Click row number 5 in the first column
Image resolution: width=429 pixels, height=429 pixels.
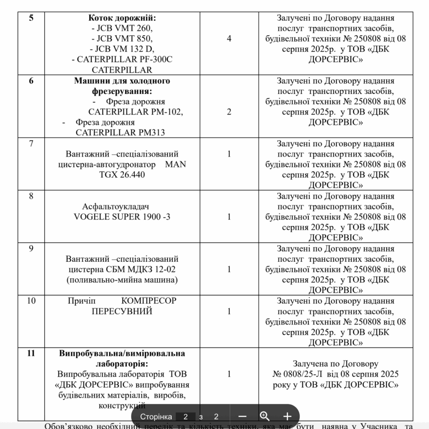click(31, 18)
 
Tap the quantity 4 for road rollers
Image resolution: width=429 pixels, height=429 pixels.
click(229, 39)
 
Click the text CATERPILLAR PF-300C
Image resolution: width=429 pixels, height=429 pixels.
click(124, 59)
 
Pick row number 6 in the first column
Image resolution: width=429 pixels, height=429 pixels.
click(31, 81)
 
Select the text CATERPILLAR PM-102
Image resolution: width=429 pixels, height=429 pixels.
click(136, 112)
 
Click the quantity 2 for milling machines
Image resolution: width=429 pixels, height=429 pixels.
click(229, 112)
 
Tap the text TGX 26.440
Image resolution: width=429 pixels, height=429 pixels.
click(122, 174)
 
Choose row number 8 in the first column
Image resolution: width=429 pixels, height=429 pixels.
click(31, 196)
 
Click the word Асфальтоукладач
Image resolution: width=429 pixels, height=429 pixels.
click(116, 206)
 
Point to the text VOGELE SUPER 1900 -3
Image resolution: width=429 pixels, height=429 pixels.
click(122, 217)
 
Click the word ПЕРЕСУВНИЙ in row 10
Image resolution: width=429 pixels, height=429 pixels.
click(122, 311)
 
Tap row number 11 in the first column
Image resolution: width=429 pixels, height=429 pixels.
click(31, 353)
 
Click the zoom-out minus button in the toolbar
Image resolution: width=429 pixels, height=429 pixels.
click(242, 416)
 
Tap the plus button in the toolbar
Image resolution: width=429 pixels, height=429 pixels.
click(287, 416)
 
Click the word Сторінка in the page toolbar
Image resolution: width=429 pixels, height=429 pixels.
click(156, 416)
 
